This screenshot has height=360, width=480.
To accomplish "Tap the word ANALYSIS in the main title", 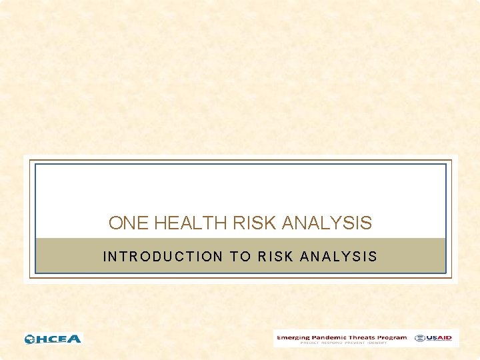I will click(x=327, y=223).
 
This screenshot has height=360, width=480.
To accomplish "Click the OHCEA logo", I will click(x=53, y=339).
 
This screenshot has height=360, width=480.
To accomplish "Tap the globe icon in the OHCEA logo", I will click(x=30, y=339).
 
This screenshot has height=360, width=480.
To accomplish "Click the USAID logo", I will click(x=433, y=338).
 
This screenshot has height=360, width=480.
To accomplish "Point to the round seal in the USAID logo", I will click(x=419, y=338).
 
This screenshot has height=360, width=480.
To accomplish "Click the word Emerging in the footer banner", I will click(x=294, y=337).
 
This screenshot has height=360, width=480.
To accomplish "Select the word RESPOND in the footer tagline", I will click(x=331, y=343).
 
